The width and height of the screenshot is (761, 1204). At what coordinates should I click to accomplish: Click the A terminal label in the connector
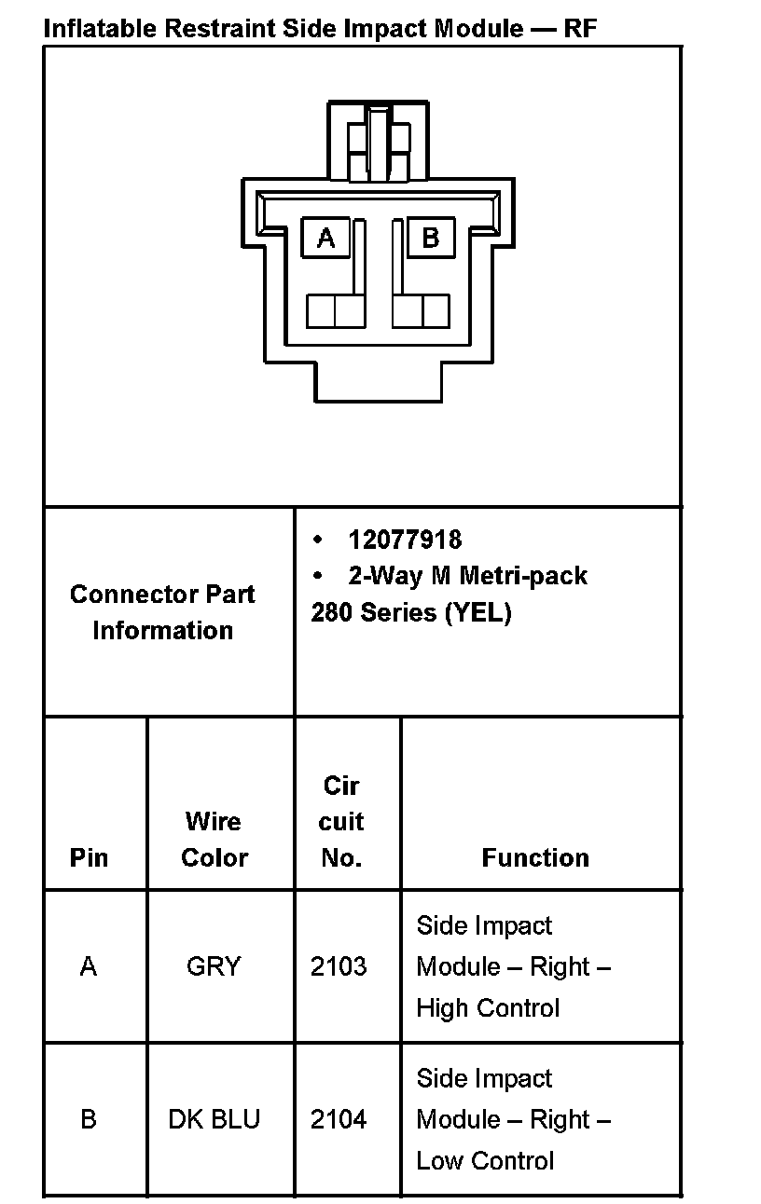pyautogui.click(x=325, y=238)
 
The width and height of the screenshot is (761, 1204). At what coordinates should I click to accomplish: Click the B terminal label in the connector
pyautogui.click(x=430, y=238)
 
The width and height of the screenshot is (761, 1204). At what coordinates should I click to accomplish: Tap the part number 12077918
pyautogui.click(x=405, y=540)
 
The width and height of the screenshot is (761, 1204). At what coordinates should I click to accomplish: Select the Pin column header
pyautogui.click(x=89, y=857)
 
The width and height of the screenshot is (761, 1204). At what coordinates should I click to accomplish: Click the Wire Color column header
pyautogui.click(x=214, y=840)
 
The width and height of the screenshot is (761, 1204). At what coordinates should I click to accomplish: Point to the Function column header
pyautogui.click(x=535, y=857)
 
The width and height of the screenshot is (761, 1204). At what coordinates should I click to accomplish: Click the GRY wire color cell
pyautogui.click(x=214, y=966)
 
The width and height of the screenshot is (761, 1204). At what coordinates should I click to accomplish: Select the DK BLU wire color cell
pyautogui.click(x=214, y=1118)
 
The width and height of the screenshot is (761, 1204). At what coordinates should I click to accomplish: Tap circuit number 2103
pyautogui.click(x=339, y=966)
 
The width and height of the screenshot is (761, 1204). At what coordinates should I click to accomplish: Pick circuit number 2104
pyautogui.click(x=339, y=1118)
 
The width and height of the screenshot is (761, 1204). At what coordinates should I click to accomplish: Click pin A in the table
pyautogui.click(x=89, y=966)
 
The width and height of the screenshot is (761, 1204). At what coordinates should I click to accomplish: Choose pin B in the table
pyautogui.click(x=89, y=1118)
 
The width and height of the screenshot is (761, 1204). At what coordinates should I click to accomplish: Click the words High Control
pyautogui.click(x=488, y=1007)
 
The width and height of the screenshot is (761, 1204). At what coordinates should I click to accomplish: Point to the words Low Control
pyautogui.click(x=485, y=1160)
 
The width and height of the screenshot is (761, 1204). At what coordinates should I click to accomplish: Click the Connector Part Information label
pyautogui.click(x=162, y=612)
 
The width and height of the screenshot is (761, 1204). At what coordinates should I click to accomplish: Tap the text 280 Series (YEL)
pyautogui.click(x=411, y=612)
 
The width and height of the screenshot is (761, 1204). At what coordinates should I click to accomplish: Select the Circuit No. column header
pyautogui.click(x=341, y=822)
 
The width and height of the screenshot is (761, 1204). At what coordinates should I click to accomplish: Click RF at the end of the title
pyautogui.click(x=580, y=28)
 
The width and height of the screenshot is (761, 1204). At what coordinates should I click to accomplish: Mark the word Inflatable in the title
pyautogui.click(x=101, y=28)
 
